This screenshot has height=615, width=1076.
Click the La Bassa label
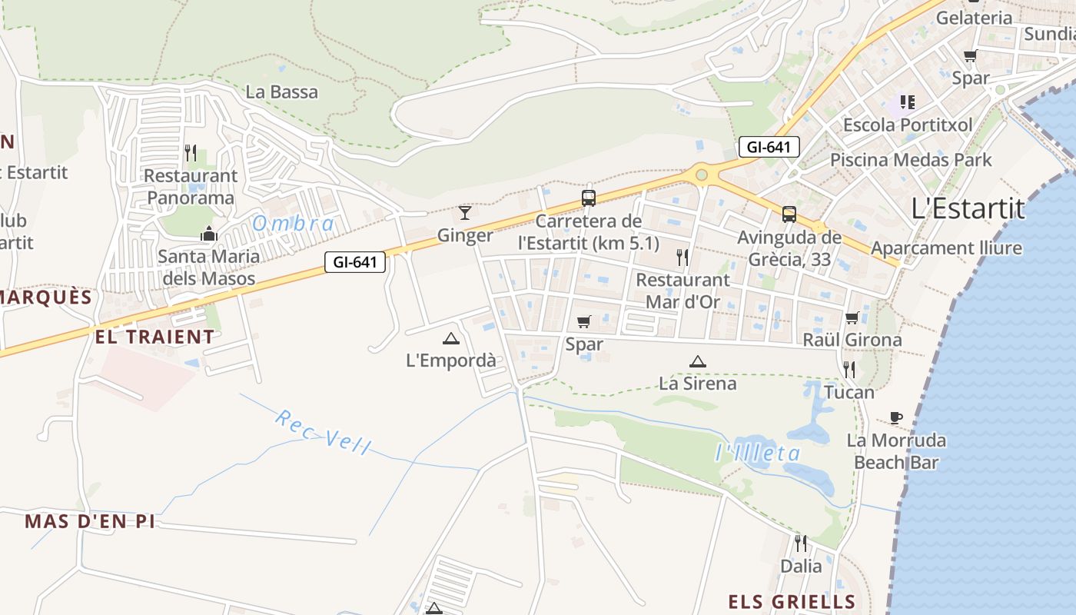pyautogui.click(x=281, y=92)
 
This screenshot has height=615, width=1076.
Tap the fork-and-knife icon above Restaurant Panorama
pyautogui.click(x=191, y=152)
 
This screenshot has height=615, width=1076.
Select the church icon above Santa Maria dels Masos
pyautogui.click(x=208, y=234)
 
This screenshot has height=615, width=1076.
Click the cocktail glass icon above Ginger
pyautogui.click(x=465, y=212)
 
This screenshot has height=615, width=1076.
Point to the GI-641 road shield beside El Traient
pyautogui.click(x=354, y=262)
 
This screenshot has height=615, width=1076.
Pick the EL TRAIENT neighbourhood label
pyautogui.click(x=154, y=337)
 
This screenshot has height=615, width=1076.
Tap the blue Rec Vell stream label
pyautogui.click(x=323, y=432)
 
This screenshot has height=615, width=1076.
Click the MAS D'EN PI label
pyautogui.click(x=90, y=521)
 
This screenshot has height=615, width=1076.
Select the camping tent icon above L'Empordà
pyautogui.click(x=451, y=338)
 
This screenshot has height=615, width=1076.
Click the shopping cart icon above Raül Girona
pyautogui.click(x=852, y=317)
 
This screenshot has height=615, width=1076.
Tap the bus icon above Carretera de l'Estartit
pyautogui.click(x=589, y=198)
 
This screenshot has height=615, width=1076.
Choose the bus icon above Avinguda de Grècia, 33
pyautogui.click(x=789, y=214)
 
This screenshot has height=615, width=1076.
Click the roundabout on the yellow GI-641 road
pyautogui.click(x=701, y=175)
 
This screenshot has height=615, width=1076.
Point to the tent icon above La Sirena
pyautogui.click(x=697, y=361)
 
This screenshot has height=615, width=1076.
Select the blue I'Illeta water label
pyautogui.click(x=758, y=453)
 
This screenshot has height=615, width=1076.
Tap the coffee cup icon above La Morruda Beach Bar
pyautogui.click(x=895, y=417)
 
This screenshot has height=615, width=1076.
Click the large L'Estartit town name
pyautogui.click(x=968, y=208)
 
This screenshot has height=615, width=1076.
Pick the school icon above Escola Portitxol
pyautogui.click(x=908, y=101)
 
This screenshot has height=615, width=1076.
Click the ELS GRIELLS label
pyautogui.click(x=792, y=601)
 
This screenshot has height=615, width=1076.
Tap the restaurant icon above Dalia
pyautogui.click(x=801, y=544)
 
